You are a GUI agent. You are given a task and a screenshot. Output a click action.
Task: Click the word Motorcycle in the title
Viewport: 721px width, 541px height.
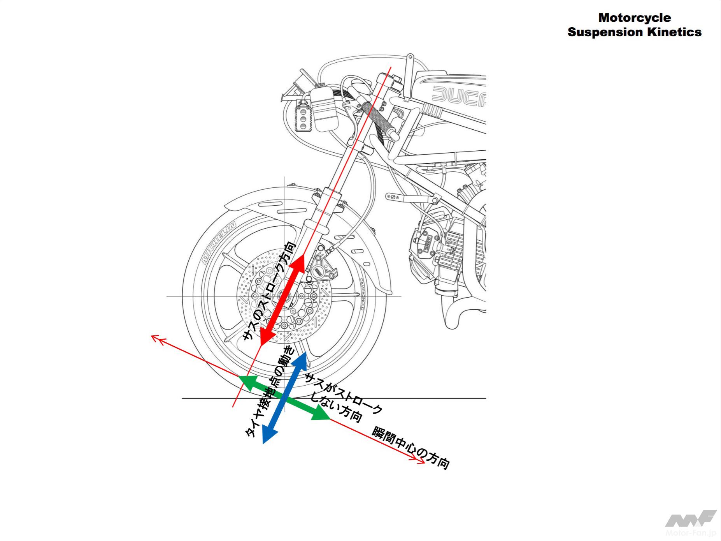(x=634, y=18)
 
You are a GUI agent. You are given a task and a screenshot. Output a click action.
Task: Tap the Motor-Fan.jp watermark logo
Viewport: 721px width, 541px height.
(x=690, y=524)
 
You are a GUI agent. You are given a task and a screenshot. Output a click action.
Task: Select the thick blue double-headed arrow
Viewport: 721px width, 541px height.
(x=285, y=397)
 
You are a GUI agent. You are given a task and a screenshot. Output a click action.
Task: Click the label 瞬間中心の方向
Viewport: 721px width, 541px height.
(x=411, y=448)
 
